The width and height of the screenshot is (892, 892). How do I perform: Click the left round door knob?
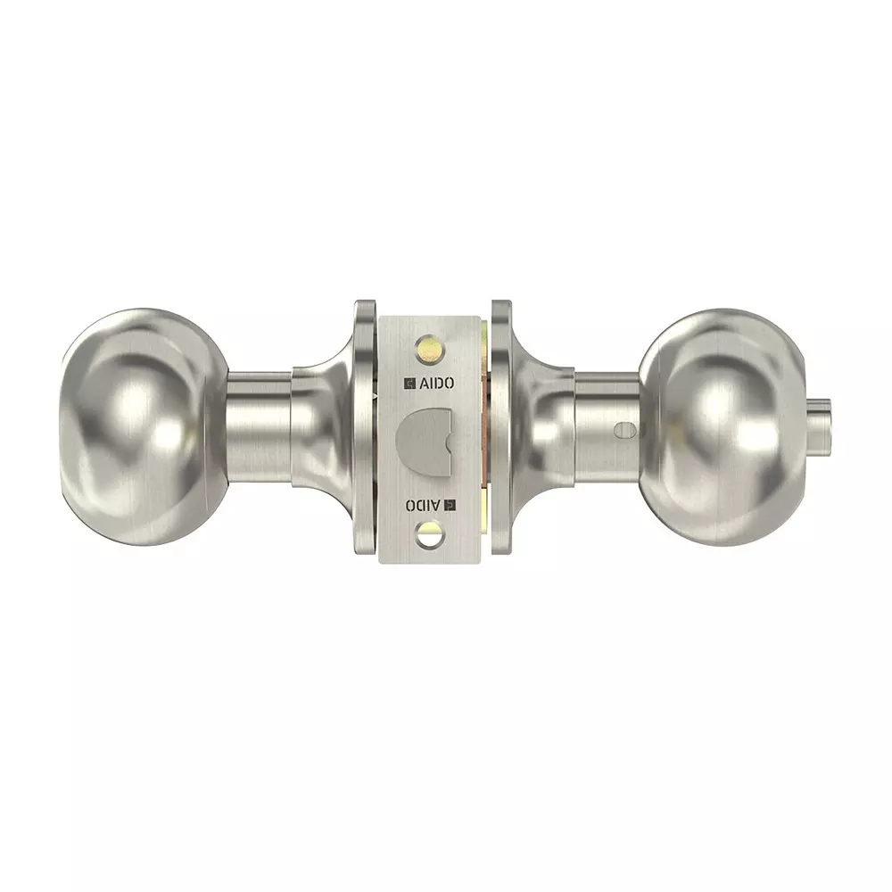pyautogui.click(x=145, y=428)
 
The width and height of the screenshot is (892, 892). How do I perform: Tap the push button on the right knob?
pyautogui.click(x=819, y=424)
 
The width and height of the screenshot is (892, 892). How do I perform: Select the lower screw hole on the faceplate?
pyautogui.click(x=428, y=534)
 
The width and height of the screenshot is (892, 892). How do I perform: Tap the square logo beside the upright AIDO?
pyautogui.click(x=410, y=384)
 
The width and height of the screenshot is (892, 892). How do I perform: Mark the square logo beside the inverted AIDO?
pyautogui.click(x=450, y=505)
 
